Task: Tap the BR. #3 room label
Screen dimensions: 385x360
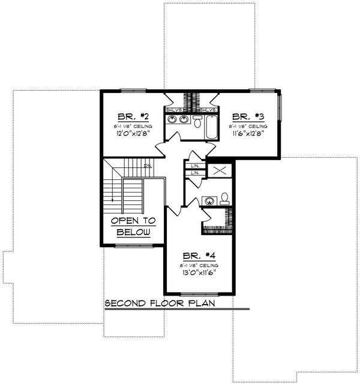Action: coord(245,117)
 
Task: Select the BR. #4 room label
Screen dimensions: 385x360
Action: coord(198,254)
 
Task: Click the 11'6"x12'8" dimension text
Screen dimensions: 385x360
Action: coord(247,134)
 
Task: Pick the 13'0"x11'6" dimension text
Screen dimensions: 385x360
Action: coord(198,272)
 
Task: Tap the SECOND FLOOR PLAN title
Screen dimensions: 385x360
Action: coord(160,303)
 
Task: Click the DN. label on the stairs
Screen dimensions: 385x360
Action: coord(147,166)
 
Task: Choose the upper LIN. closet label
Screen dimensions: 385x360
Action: coord(195,166)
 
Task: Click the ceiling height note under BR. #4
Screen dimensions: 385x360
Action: coord(198,264)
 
